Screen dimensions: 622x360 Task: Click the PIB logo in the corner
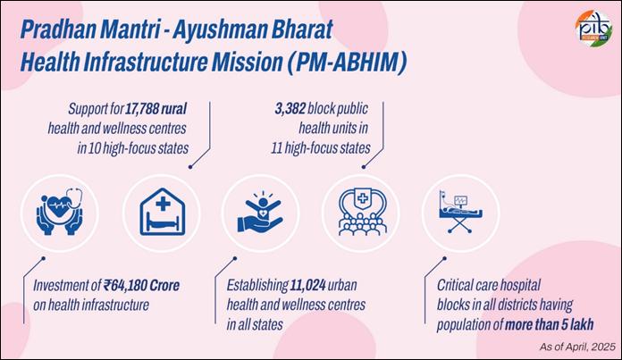click(593, 27)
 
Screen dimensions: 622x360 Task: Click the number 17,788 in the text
click(143, 109)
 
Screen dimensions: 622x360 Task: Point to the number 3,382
click(290, 109)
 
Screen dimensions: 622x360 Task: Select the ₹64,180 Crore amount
click(141, 285)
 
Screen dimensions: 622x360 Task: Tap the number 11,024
click(308, 285)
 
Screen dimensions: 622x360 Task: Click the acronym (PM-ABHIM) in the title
click(347, 63)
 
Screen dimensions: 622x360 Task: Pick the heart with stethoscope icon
click(59, 212)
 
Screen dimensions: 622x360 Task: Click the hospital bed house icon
click(163, 212)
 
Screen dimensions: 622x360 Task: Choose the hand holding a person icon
click(261, 212)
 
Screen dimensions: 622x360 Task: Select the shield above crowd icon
click(362, 212)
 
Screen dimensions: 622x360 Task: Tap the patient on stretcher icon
click(460, 212)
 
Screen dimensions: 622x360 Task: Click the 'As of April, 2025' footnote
click(577, 347)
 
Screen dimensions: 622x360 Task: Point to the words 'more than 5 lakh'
click(550, 324)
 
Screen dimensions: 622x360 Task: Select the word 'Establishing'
click(257, 286)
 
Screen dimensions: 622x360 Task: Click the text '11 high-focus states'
click(321, 148)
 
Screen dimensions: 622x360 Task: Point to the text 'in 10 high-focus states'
click(133, 148)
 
